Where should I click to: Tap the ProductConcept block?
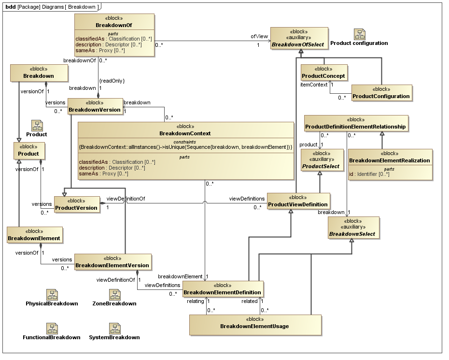click(323, 72)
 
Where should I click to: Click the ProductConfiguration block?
click(381, 92)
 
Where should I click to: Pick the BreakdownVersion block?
click(95, 106)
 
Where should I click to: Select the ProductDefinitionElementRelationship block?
click(356, 123)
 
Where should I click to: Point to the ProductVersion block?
click(76, 204)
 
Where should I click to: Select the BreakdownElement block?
click(34, 235)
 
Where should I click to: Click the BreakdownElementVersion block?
click(112, 262)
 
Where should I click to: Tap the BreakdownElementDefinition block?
click(223, 289)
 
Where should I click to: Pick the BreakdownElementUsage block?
click(254, 323)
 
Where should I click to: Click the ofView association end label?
click(259, 36)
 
